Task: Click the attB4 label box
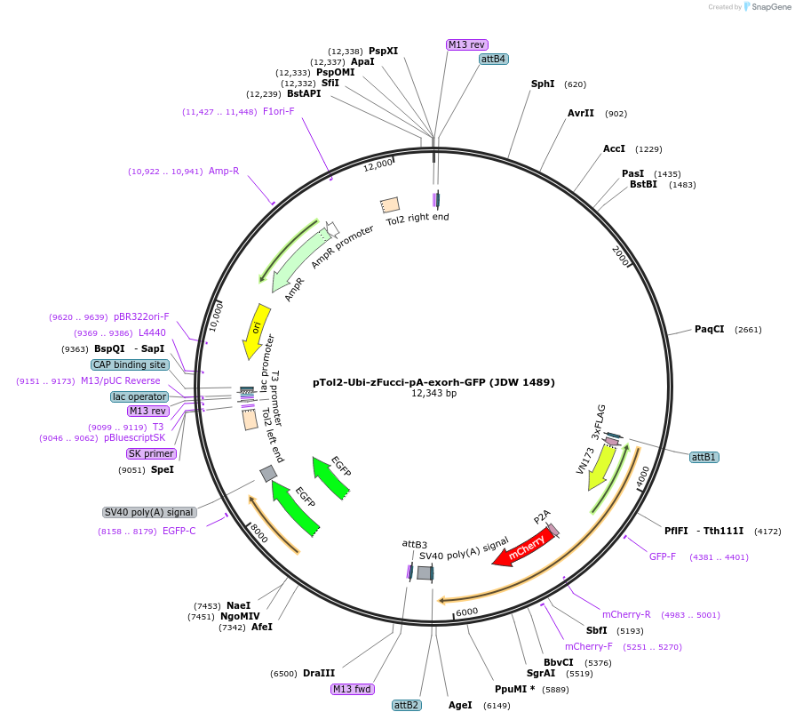(x=493, y=60)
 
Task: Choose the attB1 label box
(x=704, y=457)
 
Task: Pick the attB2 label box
(x=406, y=705)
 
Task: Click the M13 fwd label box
(x=352, y=689)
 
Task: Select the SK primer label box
(x=151, y=453)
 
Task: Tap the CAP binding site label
(x=129, y=364)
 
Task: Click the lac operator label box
(x=139, y=396)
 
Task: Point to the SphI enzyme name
(x=543, y=84)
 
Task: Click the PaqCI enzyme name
(x=709, y=330)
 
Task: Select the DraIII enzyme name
(x=319, y=674)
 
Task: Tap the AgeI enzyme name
(x=460, y=705)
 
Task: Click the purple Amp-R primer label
(x=224, y=172)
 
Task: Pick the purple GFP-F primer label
(x=663, y=557)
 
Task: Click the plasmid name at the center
(x=433, y=383)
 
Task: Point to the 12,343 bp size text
(x=433, y=394)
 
